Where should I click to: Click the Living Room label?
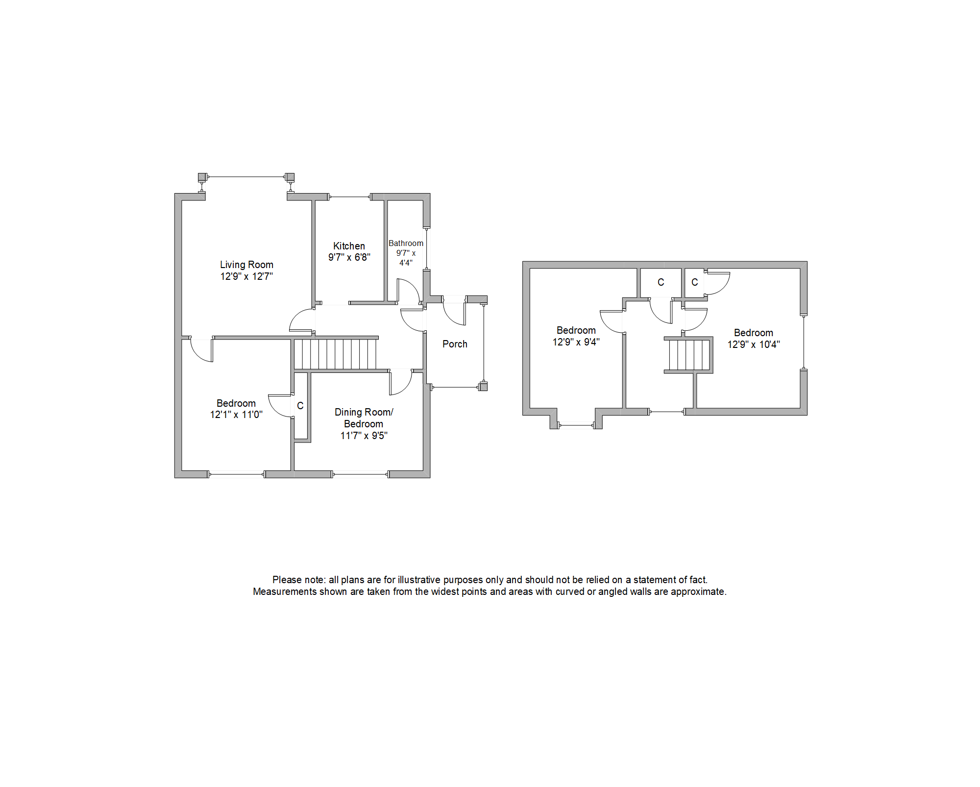click(x=246, y=265)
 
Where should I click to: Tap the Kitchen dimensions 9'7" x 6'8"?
click(x=349, y=257)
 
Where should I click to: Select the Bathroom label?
click(x=406, y=243)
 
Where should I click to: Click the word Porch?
click(x=455, y=344)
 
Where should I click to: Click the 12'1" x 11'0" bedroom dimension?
click(x=236, y=415)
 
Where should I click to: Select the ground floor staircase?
click(x=335, y=354)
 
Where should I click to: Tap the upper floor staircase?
click(x=689, y=355)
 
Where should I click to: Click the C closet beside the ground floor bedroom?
click(x=300, y=406)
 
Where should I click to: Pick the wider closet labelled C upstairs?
click(x=661, y=282)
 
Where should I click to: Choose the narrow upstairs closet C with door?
click(x=694, y=282)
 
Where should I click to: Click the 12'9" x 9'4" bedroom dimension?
click(x=576, y=342)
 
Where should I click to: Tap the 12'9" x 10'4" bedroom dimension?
click(x=753, y=344)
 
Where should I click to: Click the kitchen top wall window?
click(x=350, y=197)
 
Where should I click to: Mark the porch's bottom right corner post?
click(x=483, y=387)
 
